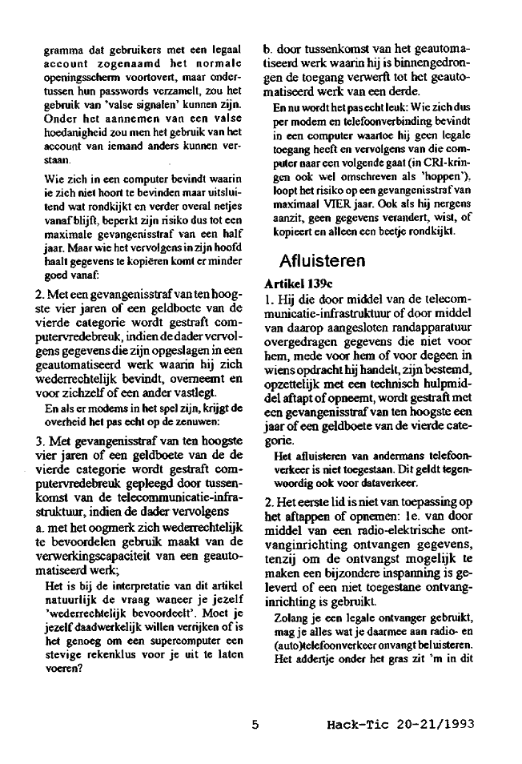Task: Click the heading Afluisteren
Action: (323, 260)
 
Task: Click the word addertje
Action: (316, 662)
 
